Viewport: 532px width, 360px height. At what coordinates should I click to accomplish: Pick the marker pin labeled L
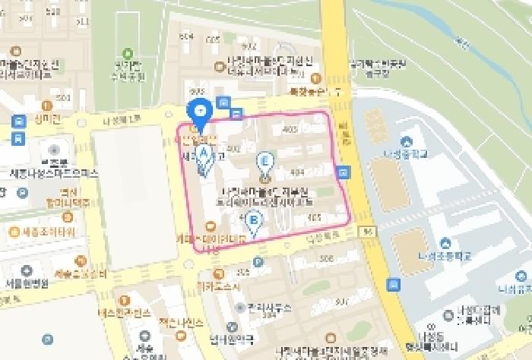coord(264,162)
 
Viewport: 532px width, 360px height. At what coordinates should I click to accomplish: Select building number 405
coord(314,218)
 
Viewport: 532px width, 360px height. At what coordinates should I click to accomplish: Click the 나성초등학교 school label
coord(445,256)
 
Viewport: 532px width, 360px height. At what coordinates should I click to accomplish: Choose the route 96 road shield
coord(367,231)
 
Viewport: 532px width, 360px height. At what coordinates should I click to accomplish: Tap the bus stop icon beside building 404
coord(344,172)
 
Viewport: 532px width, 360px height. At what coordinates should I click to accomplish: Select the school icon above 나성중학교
coord(407,141)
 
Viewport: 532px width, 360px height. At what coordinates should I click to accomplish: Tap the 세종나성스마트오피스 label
coord(54,173)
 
